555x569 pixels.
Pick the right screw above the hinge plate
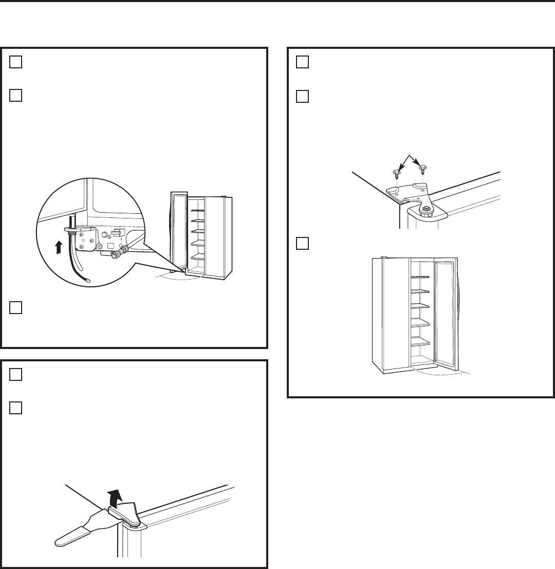pyautogui.click(x=422, y=169)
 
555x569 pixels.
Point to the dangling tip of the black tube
pyautogui.click(x=87, y=281)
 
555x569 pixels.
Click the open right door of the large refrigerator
pyautogui.click(x=445, y=314)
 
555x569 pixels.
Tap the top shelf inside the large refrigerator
pyautogui.click(x=421, y=276)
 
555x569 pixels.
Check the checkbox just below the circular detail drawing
pyautogui.click(x=16, y=307)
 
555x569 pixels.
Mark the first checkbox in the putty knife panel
pyautogui.click(x=16, y=375)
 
